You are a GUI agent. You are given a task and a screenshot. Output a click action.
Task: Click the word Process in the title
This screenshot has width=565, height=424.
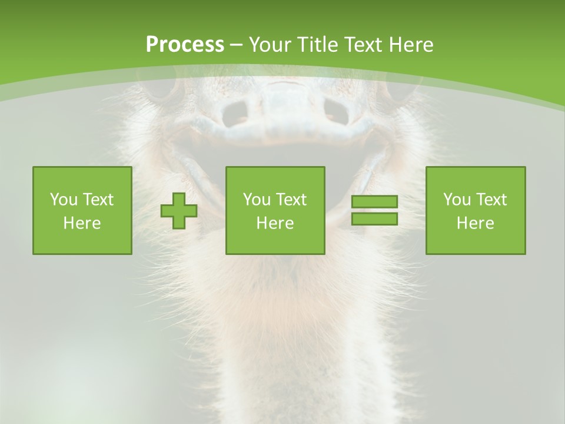tap(185, 45)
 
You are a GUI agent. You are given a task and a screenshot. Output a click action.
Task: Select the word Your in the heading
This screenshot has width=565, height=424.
tap(271, 45)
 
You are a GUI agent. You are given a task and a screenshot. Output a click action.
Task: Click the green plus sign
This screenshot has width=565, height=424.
tap(179, 211)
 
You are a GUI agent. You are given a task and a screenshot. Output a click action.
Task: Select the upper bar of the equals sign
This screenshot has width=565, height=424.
tap(374, 202)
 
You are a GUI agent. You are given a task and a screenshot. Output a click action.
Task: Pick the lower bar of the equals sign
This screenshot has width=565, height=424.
tap(374, 218)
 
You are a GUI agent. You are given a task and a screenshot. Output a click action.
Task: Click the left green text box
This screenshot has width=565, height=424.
tap(82, 210)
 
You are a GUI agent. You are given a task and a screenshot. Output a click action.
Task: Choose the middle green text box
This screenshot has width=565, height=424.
tap(275, 210)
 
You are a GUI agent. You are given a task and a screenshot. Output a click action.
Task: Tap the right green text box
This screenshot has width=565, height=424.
tap(476, 210)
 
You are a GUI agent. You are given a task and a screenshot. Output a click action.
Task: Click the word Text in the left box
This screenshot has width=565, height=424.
tap(98, 200)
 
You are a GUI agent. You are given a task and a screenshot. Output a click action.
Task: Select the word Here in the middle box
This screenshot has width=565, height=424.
tap(275, 223)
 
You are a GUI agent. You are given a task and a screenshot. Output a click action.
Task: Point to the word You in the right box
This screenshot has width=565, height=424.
tap(457, 200)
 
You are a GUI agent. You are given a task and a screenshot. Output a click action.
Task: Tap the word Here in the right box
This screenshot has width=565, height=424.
tap(476, 223)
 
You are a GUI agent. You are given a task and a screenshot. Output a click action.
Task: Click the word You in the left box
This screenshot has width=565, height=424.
tap(64, 200)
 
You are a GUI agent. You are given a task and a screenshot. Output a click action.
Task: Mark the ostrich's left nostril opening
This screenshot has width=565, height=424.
tap(236, 111)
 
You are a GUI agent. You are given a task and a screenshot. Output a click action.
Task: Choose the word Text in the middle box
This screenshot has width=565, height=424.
tap(291, 200)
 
